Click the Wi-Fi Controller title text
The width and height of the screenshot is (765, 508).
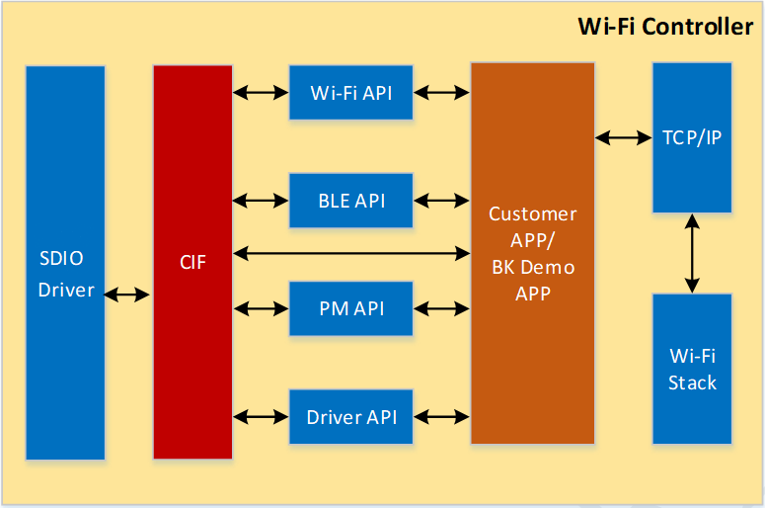[665, 27]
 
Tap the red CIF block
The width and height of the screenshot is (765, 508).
[192, 263]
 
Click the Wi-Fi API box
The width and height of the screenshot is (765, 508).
[350, 93]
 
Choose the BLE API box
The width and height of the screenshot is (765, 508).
[350, 201]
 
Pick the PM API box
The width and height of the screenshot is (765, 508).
[350, 308]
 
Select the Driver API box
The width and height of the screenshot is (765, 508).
[350, 417]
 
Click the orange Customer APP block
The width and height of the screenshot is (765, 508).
[532, 254]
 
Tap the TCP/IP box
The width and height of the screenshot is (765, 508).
[692, 137]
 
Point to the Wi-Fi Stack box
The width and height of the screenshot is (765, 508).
[692, 369]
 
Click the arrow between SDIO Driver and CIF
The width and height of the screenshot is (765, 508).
[128, 295]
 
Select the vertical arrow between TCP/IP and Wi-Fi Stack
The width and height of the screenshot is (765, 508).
[692, 253]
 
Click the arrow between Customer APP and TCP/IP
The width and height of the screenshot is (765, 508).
[623, 138]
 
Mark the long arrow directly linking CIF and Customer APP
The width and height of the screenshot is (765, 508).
[350, 254]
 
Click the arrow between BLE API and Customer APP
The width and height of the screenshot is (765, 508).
[441, 201]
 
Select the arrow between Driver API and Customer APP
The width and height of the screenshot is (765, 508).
[441, 417]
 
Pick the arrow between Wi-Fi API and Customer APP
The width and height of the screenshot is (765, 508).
[441, 93]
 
